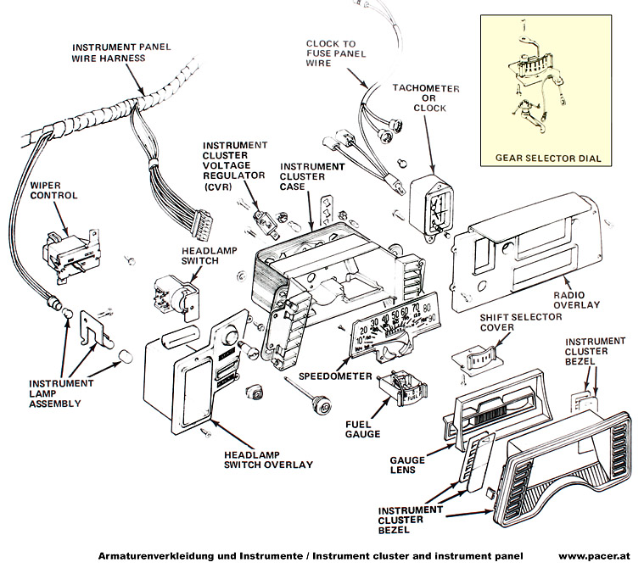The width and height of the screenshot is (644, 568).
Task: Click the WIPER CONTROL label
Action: pos(53,190)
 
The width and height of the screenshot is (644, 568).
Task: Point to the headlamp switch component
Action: pos(175,292)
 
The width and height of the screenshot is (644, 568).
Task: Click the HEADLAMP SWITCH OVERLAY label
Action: pos(269,459)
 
